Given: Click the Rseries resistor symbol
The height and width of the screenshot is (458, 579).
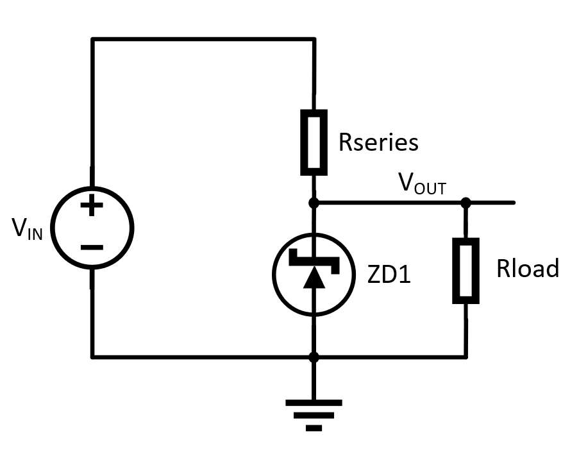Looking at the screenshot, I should click(x=314, y=142).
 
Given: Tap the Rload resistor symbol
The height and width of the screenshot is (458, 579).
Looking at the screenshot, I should click(x=466, y=270).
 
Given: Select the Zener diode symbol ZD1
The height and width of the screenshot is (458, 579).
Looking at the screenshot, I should click(x=314, y=274).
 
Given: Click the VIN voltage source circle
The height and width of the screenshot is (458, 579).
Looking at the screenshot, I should click(x=92, y=227).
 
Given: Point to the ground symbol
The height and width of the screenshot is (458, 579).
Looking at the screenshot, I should click(x=314, y=414).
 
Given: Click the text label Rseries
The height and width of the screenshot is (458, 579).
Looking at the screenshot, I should click(x=378, y=142).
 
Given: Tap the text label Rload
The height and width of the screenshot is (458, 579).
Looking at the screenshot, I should click(x=527, y=269).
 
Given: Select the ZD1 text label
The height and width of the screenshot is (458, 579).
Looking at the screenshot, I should click(x=389, y=275).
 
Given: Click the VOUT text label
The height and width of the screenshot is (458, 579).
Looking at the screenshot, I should click(x=422, y=184).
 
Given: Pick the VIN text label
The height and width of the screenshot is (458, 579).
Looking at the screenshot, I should click(x=28, y=228).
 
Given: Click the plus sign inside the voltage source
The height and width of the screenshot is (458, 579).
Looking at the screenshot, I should click(x=92, y=206).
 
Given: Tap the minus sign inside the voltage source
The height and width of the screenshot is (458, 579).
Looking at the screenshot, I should click(x=92, y=247).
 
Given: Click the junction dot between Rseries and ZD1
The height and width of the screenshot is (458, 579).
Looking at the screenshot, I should click(x=314, y=203).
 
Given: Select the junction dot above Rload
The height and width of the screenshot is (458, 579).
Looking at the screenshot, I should click(x=466, y=203).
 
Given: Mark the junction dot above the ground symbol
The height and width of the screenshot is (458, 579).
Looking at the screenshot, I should click(x=314, y=356).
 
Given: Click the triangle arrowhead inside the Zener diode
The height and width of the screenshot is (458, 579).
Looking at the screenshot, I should click(x=314, y=278).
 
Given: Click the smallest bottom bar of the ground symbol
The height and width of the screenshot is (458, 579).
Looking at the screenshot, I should click(x=314, y=428).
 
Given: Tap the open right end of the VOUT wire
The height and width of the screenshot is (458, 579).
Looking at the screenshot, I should click(x=512, y=203).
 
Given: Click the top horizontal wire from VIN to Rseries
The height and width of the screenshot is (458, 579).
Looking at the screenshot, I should click(x=203, y=39).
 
